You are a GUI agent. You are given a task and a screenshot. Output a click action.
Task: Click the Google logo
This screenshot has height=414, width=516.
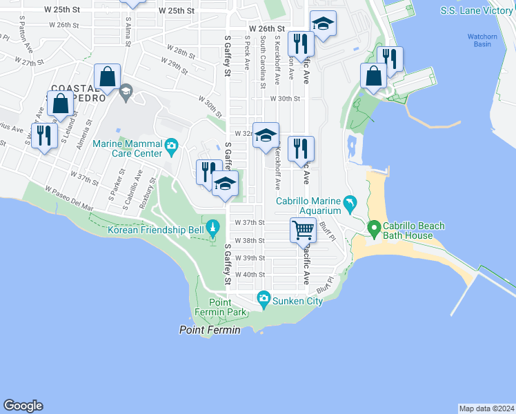click(x=23, y=406)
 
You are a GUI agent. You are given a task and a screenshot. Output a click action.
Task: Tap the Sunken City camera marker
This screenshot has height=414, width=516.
click(x=263, y=298)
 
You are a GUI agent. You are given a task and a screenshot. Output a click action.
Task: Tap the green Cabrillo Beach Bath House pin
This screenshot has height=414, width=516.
click(x=374, y=227)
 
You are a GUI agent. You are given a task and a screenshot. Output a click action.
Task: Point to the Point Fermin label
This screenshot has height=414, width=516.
click(x=210, y=331)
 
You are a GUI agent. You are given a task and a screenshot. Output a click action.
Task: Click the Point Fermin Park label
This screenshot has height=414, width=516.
click(x=228, y=308)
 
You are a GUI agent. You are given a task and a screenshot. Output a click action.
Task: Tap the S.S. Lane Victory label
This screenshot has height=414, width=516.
click(x=477, y=11)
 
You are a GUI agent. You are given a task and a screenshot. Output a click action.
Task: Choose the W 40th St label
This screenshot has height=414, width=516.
click(x=250, y=274)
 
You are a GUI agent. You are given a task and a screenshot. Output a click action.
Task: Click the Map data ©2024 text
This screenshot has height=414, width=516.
click(x=486, y=408)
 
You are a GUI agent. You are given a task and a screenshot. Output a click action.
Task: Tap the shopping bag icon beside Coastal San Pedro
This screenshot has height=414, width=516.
click(x=61, y=103)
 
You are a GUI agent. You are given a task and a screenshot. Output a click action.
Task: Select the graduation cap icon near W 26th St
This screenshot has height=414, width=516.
click(x=323, y=23)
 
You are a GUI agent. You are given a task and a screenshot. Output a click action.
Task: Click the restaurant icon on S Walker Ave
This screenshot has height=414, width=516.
click(x=43, y=135)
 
